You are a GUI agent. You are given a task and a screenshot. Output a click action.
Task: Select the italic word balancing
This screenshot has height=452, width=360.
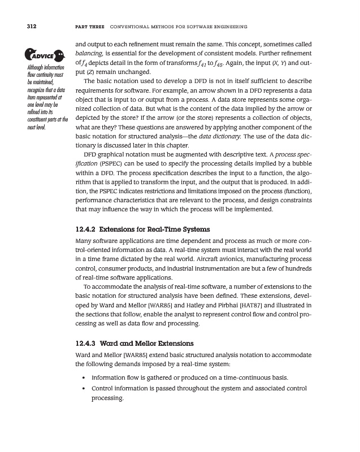click(89, 54)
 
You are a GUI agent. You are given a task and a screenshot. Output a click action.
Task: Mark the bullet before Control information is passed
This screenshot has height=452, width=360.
click(84, 389)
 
